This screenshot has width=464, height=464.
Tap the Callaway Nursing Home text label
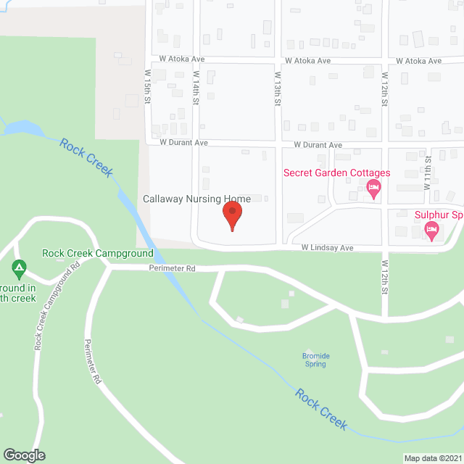(x=196, y=199)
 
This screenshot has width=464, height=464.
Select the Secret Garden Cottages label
(x=336, y=173)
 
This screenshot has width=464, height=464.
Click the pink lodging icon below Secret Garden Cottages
(x=374, y=191)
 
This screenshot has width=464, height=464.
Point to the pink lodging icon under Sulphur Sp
(x=431, y=231)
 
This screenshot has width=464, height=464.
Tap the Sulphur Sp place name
(x=438, y=215)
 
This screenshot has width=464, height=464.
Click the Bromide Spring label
(x=315, y=360)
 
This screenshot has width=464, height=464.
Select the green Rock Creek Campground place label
(x=98, y=253)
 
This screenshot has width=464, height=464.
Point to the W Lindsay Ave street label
(x=328, y=248)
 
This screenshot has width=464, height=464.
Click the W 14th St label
(x=196, y=86)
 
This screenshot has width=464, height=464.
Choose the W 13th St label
(x=277, y=88)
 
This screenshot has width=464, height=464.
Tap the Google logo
(x=23, y=455)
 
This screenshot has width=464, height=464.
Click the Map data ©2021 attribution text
(x=431, y=458)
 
